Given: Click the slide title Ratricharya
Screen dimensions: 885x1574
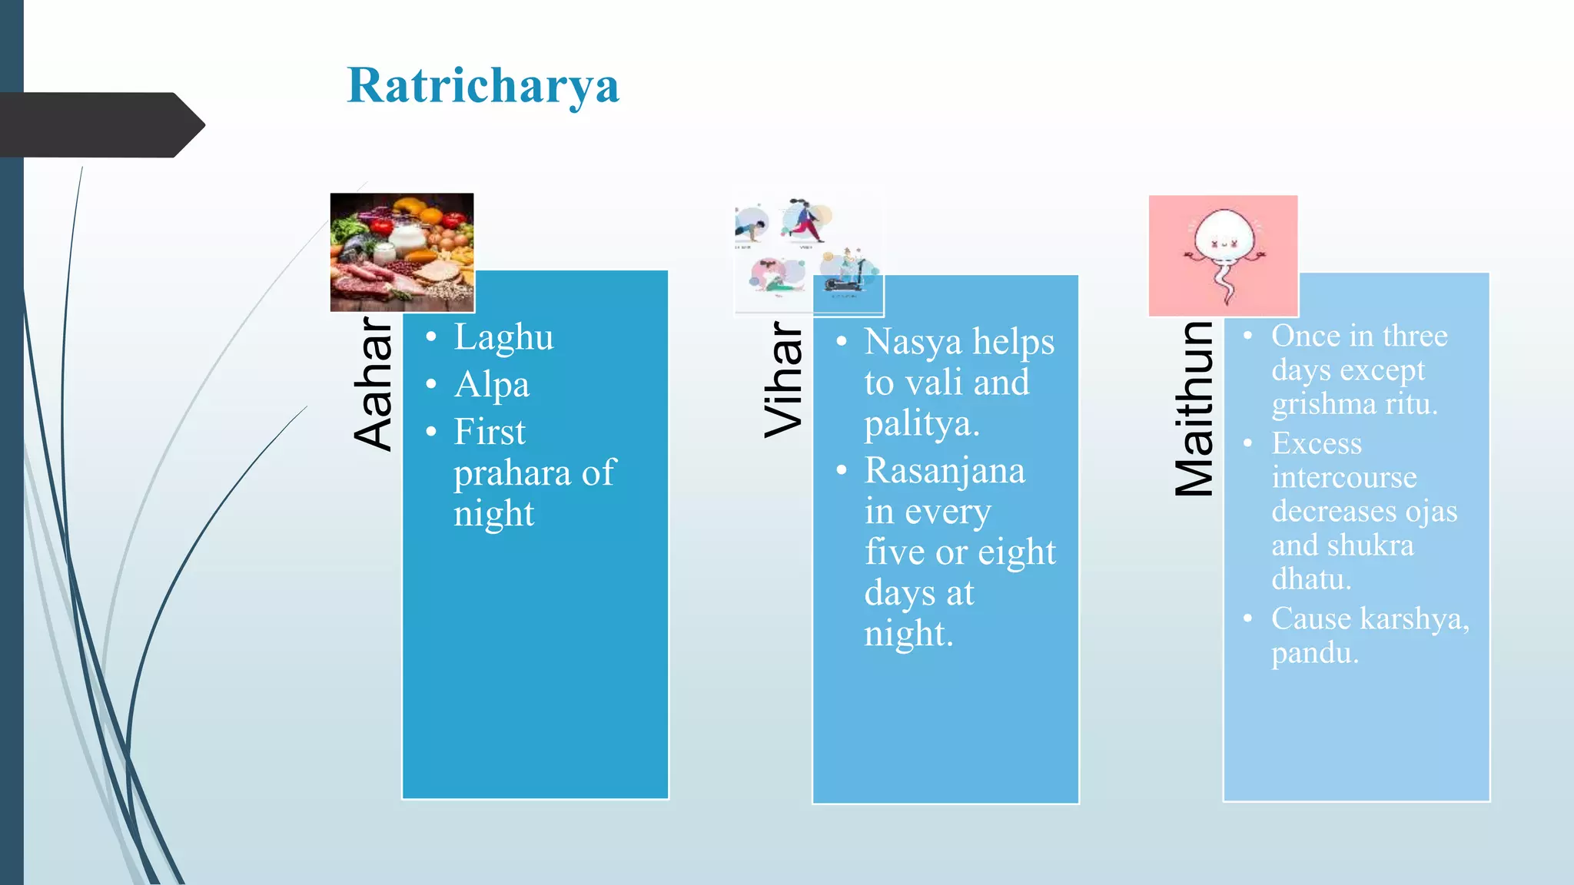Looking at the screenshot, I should pos(483,85).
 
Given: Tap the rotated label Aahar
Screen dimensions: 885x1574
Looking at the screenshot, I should pos(374,383).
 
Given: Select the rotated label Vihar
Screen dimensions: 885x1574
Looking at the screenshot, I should pos(784,380).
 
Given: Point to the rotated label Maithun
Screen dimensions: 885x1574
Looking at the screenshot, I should pos(1194,408).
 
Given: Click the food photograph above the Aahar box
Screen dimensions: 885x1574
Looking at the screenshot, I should pos(402,252).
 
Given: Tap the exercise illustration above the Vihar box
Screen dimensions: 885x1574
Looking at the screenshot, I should pos(809,255).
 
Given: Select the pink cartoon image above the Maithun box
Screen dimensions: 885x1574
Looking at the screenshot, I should pos(1223,255).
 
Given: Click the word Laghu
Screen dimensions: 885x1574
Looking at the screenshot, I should pos(503,338).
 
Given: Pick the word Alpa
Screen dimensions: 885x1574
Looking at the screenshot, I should pos(492,385).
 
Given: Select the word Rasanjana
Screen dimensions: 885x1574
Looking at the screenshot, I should pos(945,471).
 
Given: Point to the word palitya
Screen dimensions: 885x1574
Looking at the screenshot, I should pos(921,424).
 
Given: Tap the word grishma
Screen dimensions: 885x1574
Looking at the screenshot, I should pos(1321,405).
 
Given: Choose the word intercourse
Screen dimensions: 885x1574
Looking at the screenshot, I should pos(1344,478).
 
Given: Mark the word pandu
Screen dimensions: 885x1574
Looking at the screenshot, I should pos(1314,653).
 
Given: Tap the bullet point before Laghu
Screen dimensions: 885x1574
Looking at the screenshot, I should pos(431,337).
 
